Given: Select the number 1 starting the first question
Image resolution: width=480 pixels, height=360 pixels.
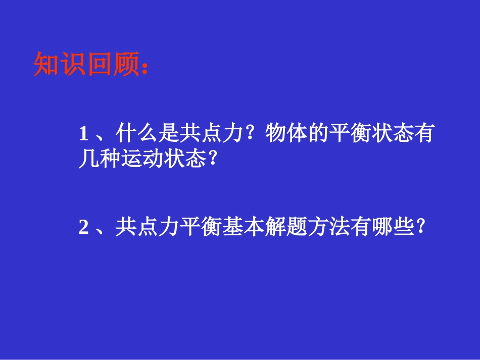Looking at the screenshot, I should [x=84, y=134].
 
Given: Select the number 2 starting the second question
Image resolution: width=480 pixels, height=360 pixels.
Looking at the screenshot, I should [x=84, y=228].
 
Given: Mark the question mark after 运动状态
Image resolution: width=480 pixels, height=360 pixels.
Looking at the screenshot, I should [x=212, y=160].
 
